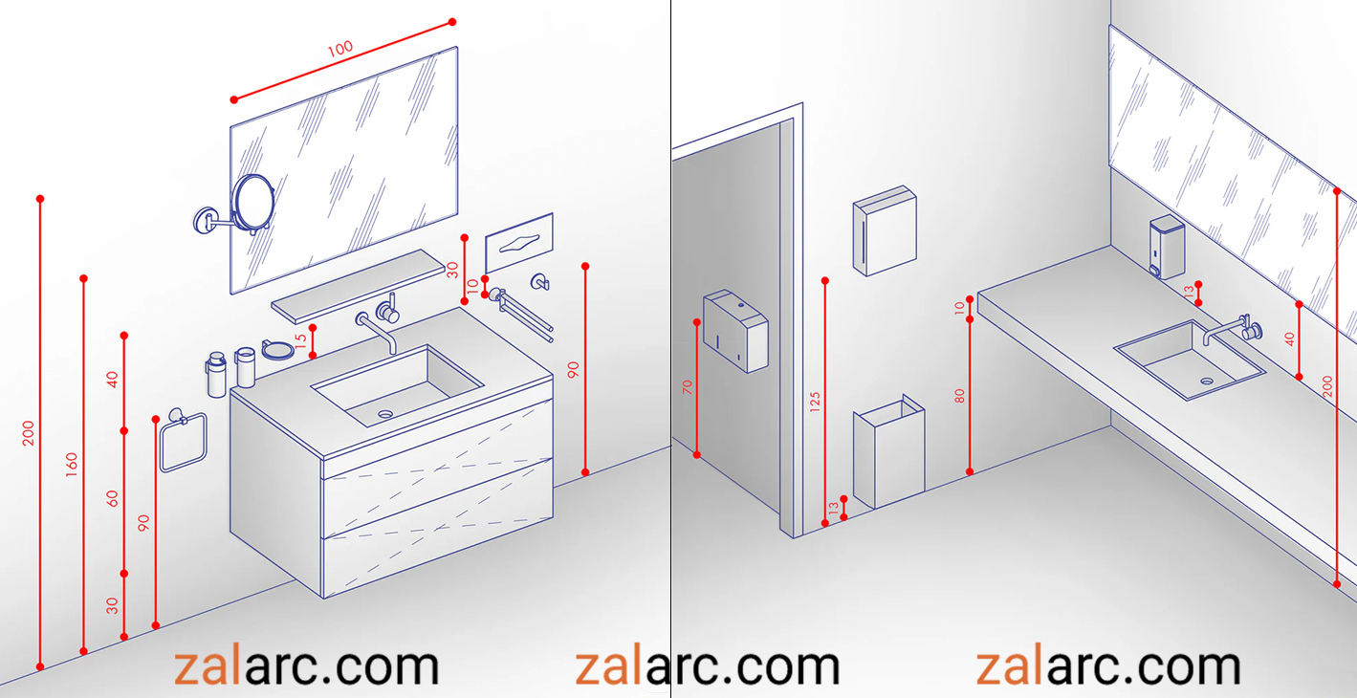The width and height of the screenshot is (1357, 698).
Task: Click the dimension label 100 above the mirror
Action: point(339,49)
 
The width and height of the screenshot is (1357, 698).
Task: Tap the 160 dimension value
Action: point(72,465)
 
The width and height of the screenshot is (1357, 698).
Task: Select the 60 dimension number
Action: point(112,499)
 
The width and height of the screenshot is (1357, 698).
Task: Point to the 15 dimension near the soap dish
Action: point(300,341)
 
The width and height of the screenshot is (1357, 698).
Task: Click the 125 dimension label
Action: point(815,403)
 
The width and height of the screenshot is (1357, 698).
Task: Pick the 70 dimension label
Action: point(687,387)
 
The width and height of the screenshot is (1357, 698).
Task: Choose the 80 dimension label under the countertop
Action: point(959,396)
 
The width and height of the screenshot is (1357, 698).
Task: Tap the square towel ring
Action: point(183,441)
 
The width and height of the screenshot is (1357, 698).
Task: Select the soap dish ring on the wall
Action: point(278,350)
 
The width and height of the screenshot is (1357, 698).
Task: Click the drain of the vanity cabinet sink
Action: point(385,414)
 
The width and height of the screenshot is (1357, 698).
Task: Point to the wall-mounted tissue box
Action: point(519,242)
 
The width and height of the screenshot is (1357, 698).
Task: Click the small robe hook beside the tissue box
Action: point(539,282)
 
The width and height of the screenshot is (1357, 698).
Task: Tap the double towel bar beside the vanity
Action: point(521,315)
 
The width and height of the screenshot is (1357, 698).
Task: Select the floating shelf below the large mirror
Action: point(358,286)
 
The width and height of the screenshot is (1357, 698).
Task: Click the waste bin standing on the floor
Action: point(888,452)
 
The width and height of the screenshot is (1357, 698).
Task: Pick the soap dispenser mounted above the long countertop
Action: point(1167,247)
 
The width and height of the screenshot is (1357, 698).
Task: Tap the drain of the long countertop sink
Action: point(1207,382)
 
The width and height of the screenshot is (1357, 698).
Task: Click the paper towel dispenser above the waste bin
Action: point(885,230)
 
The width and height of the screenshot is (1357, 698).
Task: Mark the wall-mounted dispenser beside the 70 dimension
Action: point(735,330)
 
